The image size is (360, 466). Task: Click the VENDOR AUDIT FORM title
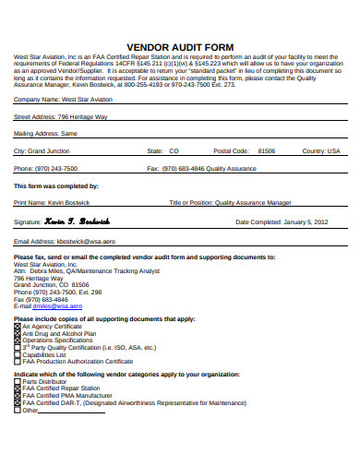point(180,45)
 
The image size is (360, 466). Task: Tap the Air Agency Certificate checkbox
point(16,326)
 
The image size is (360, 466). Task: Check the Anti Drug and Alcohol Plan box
point(16,333)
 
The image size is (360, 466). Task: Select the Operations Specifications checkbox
point(16,340)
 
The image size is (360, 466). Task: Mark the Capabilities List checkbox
point(16,354)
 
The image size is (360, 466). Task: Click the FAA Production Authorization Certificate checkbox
point(16,361)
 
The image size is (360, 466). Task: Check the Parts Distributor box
point(16,381)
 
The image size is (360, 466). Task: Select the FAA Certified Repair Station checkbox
point(16,388)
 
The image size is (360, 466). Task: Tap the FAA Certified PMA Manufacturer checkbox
point(16,396)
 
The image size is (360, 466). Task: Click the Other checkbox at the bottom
point(16,410)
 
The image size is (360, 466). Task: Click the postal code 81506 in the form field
point(266,149)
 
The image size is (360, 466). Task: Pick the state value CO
point(174,149)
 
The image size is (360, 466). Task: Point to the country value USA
point(334,149)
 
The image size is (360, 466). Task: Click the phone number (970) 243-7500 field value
point(55,169)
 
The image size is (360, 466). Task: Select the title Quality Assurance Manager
point(254,202)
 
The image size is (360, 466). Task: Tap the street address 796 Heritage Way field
point(83,117)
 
